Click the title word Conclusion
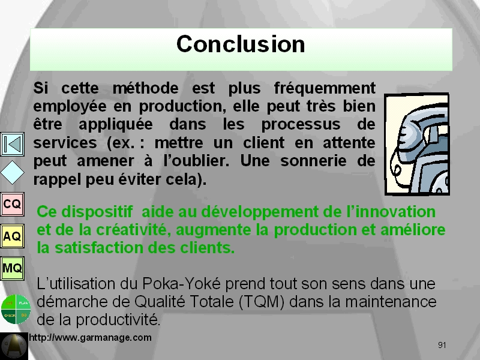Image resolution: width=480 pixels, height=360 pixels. pos(241,44)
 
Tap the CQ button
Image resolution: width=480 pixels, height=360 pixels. pos(12,204)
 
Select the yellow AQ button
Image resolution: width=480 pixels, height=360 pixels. pos(12,236)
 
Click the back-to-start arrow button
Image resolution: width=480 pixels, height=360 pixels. pos(12,144)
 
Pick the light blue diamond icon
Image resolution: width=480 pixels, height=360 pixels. pos(12,173)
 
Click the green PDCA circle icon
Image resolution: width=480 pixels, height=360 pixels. pos(16,309)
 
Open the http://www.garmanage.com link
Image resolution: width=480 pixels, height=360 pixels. pos(91,338)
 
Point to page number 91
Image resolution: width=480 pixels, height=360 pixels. pos(442,346)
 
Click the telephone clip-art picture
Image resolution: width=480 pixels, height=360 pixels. pos(417,144)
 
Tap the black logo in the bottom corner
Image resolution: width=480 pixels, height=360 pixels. pos(14,346)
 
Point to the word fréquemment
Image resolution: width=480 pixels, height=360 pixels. pos(325,88)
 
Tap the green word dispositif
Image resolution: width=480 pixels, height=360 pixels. pos(97,212)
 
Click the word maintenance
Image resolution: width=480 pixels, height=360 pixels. pos(391,302)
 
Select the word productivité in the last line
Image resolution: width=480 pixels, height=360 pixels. pos(118,320)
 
